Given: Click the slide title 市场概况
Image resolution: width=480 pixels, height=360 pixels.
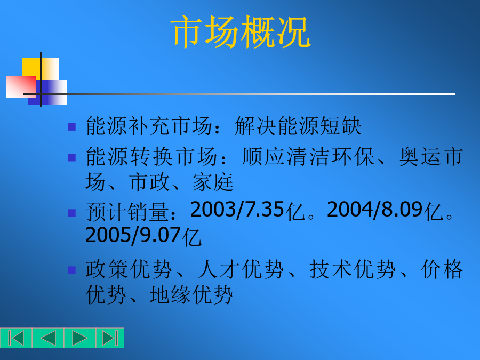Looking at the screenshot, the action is [x=241, y=32].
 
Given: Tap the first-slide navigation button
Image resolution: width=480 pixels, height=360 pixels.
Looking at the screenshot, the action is [x=16, y=338].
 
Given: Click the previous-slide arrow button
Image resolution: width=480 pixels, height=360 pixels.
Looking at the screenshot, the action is [x=48, y=338].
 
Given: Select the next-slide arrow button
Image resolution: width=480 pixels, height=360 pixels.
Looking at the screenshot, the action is [x=80, y=338].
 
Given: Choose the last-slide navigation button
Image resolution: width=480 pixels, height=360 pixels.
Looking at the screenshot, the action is [x=110, y=338].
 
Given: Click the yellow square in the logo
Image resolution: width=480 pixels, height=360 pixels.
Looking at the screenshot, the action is [x=41, y=69].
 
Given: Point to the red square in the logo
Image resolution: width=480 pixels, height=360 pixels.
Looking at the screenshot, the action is [x=21, y=87].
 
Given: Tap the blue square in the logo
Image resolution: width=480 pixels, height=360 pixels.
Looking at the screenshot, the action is [x=48, y=92].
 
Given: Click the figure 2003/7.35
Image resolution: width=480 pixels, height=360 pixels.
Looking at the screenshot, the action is [x=237, y=210].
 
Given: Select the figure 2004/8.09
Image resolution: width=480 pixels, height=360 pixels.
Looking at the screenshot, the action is [x=375, y=210].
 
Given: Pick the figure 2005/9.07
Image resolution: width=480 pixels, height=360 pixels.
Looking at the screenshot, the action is [x=133, y=235].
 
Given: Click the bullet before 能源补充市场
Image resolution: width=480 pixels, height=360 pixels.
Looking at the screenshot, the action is [x=71, y=127].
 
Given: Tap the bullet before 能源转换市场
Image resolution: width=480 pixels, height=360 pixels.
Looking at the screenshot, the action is [x=71, y=157].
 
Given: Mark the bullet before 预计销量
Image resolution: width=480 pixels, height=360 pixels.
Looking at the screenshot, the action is [x=71, y=213].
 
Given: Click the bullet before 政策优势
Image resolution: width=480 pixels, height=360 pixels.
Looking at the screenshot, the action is [x=71, y=270].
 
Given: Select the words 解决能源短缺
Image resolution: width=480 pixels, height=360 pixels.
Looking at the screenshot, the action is [x=298, y=126].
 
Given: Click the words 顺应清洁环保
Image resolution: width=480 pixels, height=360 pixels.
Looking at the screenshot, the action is [x=308, y=156].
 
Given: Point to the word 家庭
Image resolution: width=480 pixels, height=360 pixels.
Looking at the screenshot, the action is [x=213, y=182].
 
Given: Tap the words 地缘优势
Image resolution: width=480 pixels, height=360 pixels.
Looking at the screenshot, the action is [x=191, y=295].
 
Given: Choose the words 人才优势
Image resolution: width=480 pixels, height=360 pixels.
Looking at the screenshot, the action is [x=241, y=269].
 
